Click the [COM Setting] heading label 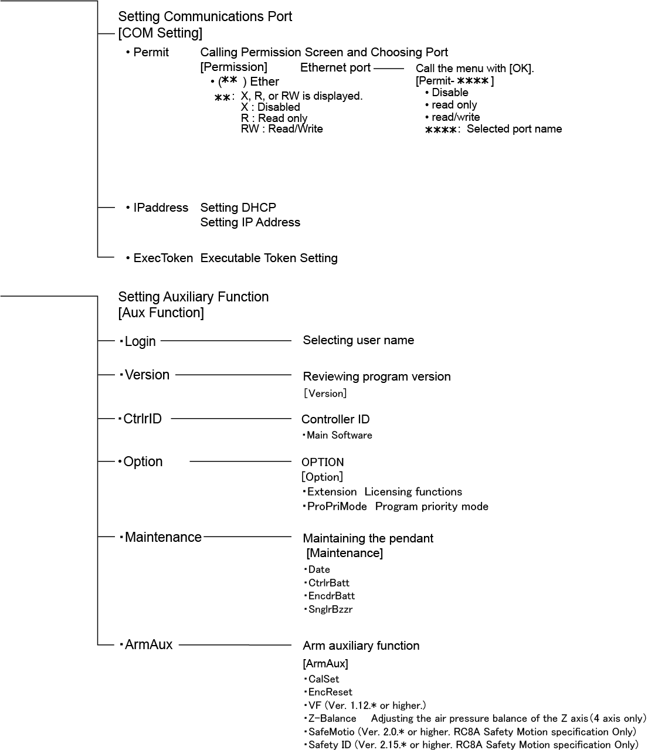click(x=160, y=33)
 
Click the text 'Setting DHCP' click(x=238, y=208)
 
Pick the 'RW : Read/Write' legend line click(x=281, y=129)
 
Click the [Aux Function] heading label click(x=161, y=313)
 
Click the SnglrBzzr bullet click(x=330, y=609)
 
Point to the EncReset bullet click(x=330, y=692)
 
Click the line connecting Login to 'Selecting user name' click(x=226, y=340)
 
